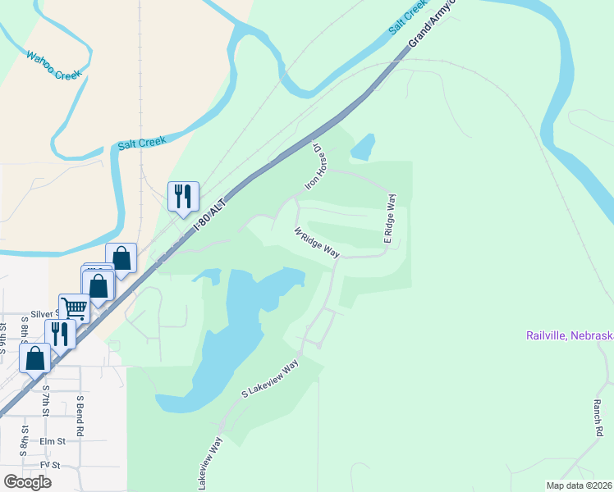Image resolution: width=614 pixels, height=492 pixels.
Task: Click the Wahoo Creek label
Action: click(x=55, y=66)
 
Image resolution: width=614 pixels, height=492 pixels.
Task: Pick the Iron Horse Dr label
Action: click(x=315, y=167)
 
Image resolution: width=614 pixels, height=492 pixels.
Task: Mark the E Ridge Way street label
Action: click(x=391, y=219)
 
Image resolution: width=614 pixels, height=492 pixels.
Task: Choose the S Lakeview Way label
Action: click(x=269, y=380)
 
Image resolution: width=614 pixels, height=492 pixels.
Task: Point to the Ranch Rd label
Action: click(x=598, y=417)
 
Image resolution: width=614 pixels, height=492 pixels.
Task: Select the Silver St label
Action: click(x=46, y=314)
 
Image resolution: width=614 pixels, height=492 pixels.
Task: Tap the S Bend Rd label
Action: click(x=80, y=415)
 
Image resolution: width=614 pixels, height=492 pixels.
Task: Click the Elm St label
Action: click(x=53, y=440)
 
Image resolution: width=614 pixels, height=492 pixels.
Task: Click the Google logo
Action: click(x=27, y=481)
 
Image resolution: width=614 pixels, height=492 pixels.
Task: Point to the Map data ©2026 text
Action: click(x=579, y=485)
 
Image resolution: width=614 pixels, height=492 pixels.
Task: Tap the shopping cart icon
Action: click(x=74, y=308)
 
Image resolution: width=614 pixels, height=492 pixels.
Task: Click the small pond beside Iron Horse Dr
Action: click(x=362, y=147)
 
